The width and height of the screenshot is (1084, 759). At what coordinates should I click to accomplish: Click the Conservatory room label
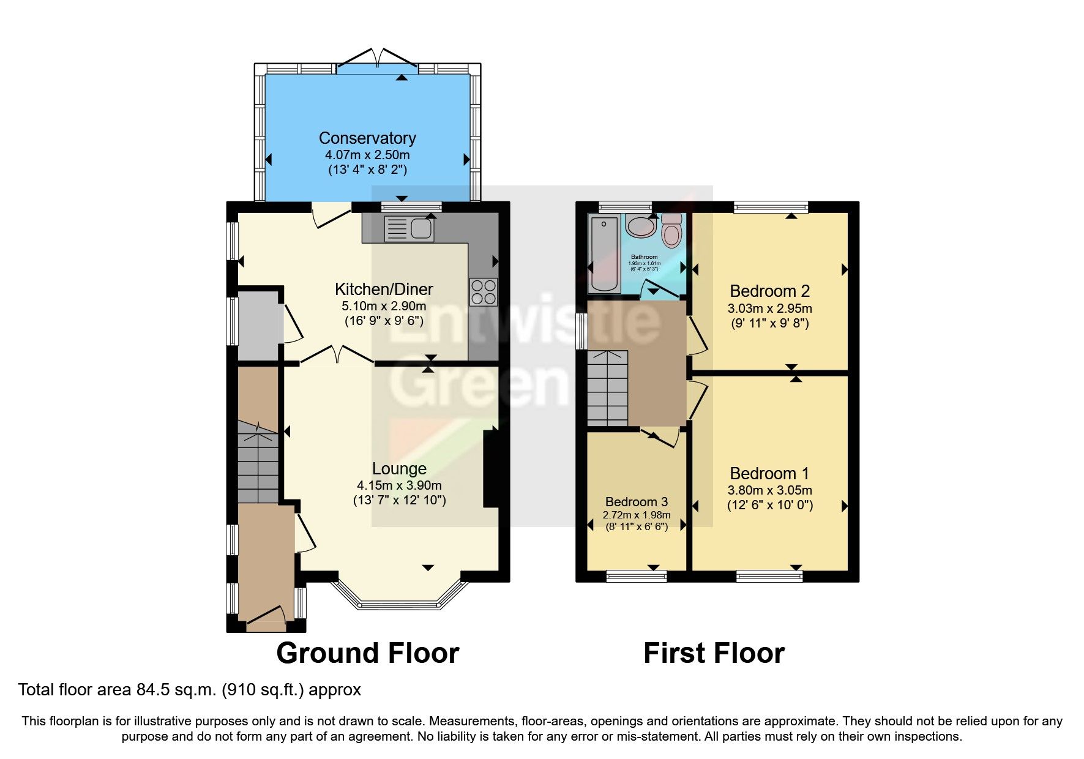pyautogui.click(x=367, y=138)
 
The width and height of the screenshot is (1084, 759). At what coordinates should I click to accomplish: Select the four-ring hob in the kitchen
pyautogui.click(x=484, y=292)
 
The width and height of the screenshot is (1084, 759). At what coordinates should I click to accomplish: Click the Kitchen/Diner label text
pyautogui.click(x=384, y=289)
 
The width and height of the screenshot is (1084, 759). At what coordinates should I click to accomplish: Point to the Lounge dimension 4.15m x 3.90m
pyautogui.click(x=399, y=485)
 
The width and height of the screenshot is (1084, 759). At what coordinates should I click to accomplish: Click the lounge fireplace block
pyautogui.click(x=492, y=468)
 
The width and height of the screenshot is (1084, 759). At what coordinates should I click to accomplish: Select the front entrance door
pyautogui.click(x=266, y=618)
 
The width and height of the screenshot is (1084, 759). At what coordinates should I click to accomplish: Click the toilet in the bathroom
pyautogui.click(x=671, y=231)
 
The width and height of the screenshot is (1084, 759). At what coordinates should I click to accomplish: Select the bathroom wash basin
pyautogui.click(x=641, y=226)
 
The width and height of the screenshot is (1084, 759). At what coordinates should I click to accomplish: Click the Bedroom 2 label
pyautogui.click(x=769, y=291)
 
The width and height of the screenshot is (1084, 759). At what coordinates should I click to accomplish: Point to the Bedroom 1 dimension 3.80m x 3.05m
pyautogui.click(x=769, y=490)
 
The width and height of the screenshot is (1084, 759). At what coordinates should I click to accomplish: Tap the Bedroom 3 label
pyautogui.click(x=637, y=502)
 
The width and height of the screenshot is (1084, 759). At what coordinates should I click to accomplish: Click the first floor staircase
pyautogui.click(x=608, y=388)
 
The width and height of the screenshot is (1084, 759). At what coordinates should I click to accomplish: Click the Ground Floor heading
pyautogui.click(x=367, y=653)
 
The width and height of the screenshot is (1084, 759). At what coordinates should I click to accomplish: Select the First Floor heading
pyautogui.click(x=714, y=653)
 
